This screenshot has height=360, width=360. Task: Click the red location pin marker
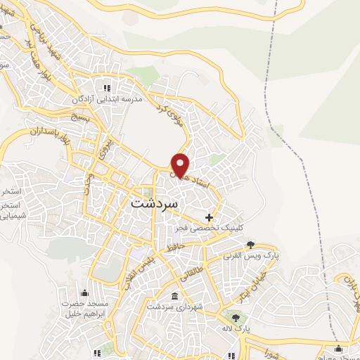[181, 165]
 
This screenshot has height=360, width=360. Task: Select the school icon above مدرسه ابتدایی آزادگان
[107, 88]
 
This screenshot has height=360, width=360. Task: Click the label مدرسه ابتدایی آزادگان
[107, 100]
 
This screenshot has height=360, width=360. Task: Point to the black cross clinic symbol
[209, 217]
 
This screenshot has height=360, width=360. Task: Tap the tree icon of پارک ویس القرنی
[251, 244]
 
